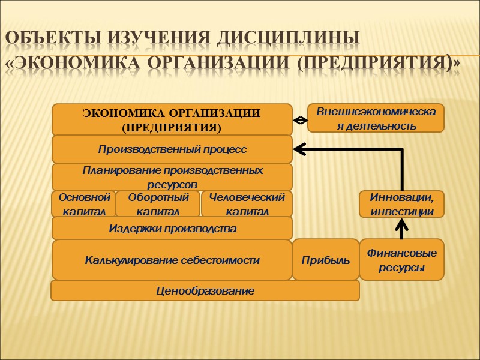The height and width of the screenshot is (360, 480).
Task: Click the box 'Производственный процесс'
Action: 172,148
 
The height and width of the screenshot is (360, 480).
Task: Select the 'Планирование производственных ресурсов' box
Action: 172,177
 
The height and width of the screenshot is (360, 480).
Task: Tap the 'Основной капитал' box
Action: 83,204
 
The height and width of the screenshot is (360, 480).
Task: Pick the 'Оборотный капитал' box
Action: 158,204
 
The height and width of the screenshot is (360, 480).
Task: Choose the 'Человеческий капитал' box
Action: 247,204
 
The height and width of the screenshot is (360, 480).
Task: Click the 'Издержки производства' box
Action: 172,229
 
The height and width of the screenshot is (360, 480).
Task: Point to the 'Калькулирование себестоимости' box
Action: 172,260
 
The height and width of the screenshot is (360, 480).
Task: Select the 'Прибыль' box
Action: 325,260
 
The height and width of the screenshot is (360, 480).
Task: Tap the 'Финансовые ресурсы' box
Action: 401,260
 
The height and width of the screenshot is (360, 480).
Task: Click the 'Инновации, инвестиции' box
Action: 401,204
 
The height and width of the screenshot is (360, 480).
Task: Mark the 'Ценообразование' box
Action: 205,291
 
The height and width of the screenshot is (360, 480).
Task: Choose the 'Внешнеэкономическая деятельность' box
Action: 376,118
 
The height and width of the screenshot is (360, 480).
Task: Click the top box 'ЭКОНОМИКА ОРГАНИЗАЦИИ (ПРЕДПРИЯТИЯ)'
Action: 172,119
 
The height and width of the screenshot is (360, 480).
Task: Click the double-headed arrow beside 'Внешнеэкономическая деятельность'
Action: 300,120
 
